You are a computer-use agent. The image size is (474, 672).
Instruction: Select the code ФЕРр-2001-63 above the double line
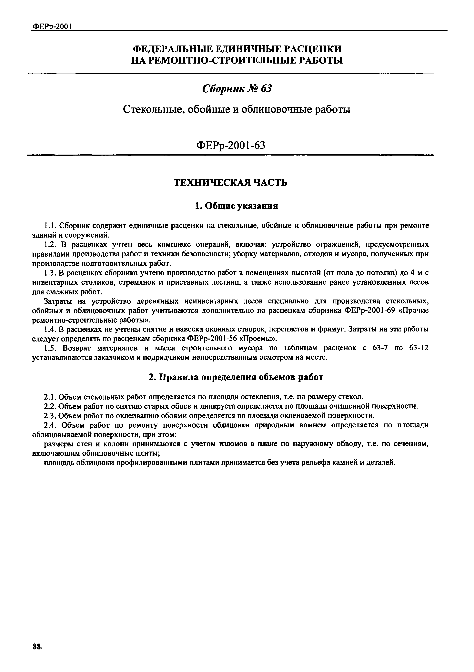click(231, 145)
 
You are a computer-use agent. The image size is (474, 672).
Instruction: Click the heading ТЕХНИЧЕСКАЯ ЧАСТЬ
click(231, 183)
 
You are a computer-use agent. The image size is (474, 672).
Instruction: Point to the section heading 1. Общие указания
click(237, 206)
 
